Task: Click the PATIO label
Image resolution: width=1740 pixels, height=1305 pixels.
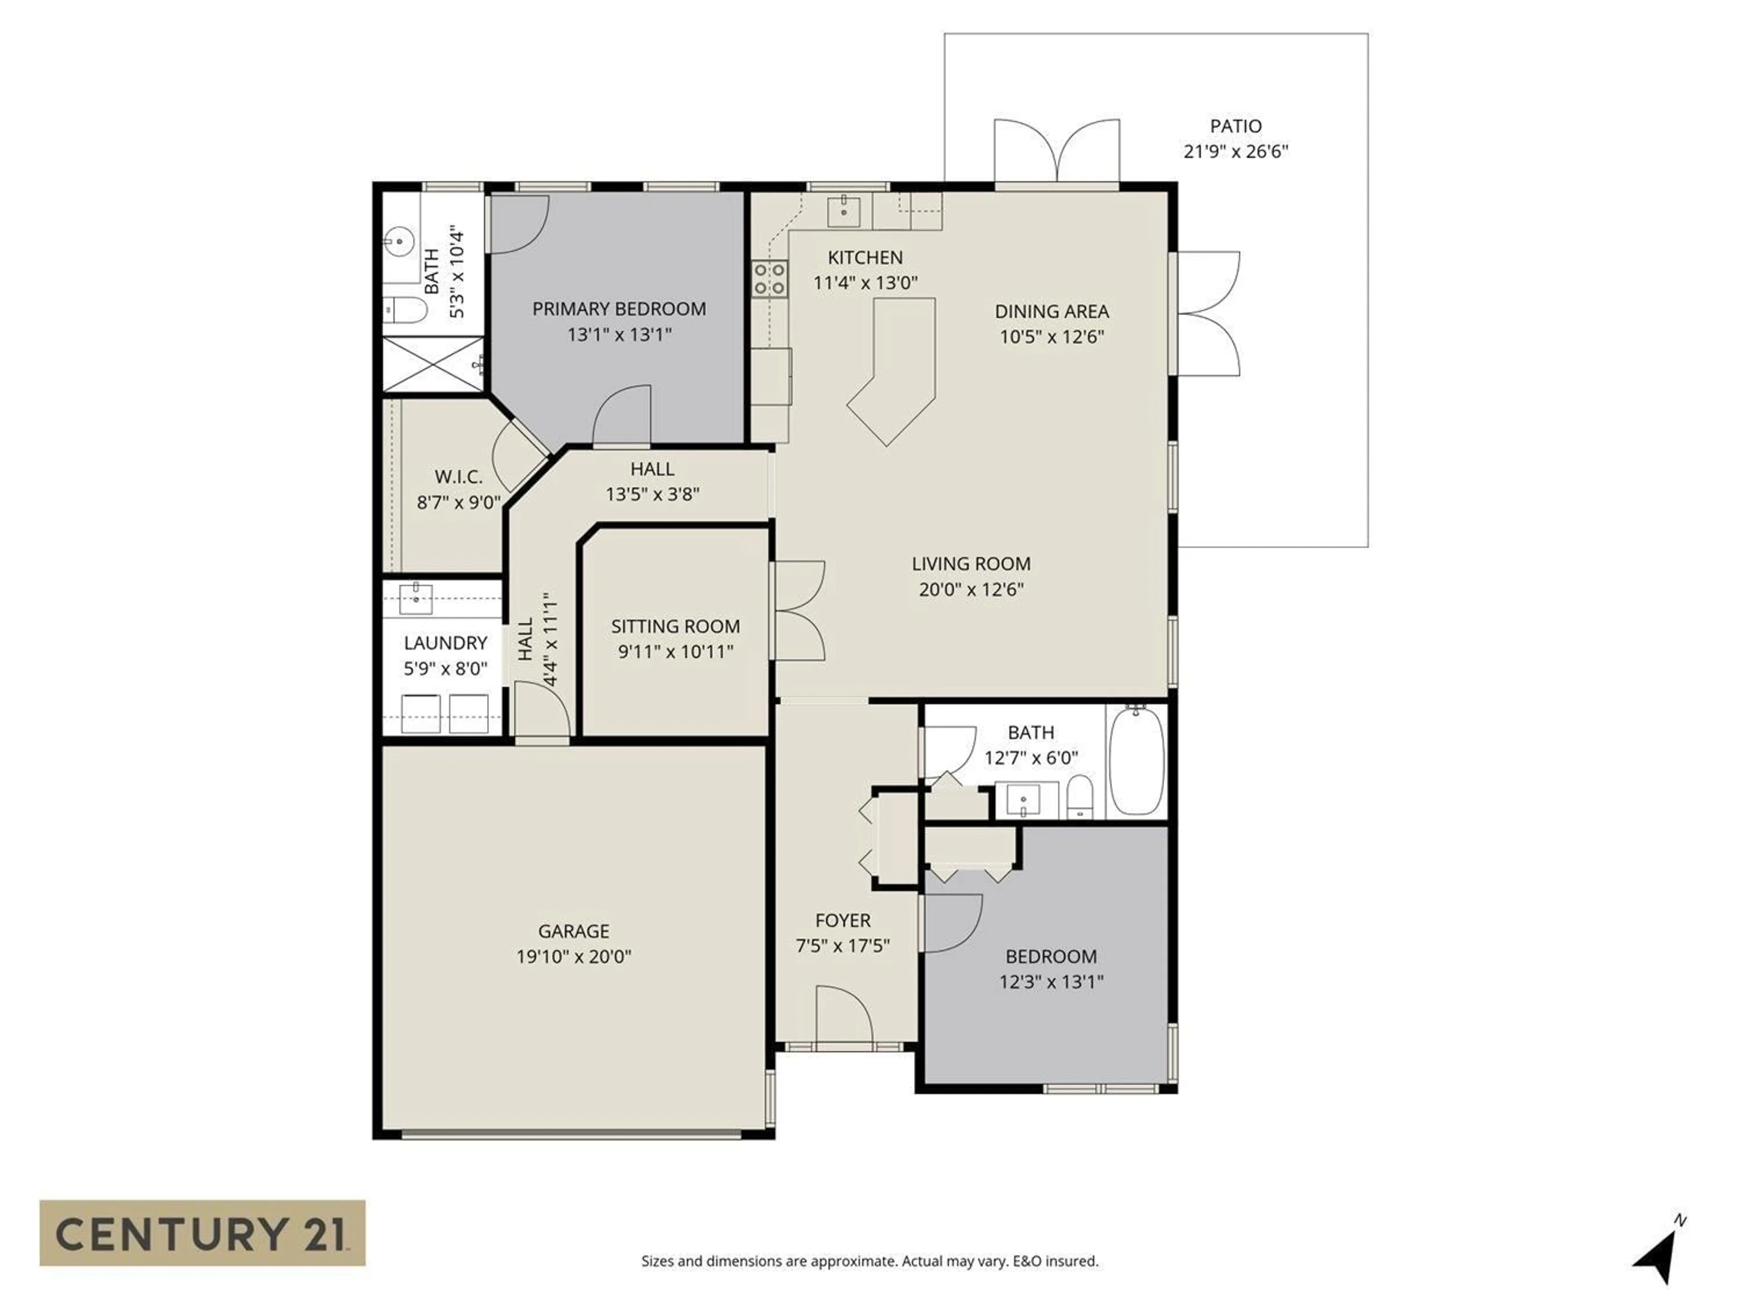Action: [x=1236, y=126]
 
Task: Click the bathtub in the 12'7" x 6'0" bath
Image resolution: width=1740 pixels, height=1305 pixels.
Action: [x=1136, y=760]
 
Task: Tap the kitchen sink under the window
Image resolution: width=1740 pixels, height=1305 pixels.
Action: [x=843, y=211]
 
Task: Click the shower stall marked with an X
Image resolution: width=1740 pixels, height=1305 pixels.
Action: [x=433, y=364]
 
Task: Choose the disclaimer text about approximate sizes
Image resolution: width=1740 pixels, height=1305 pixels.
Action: [x=869, y=1261]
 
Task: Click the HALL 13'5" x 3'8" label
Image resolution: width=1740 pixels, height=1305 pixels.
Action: [x=652, y=481]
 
